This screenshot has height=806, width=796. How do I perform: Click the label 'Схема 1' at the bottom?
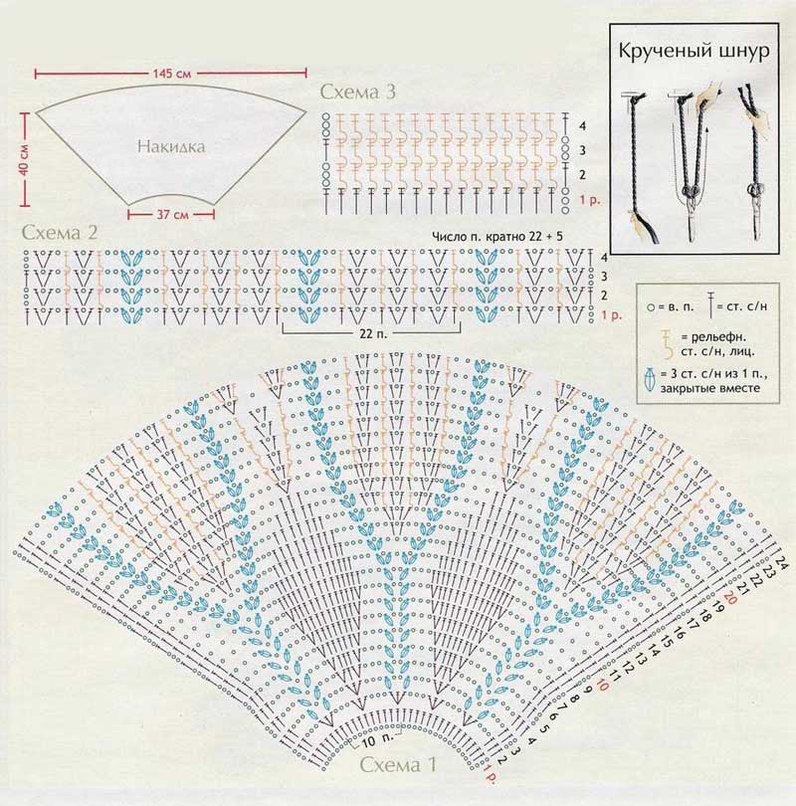[398, 766]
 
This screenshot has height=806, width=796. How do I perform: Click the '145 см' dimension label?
[172, 76]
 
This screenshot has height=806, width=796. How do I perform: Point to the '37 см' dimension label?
[175, 214]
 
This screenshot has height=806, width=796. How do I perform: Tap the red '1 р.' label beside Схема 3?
[588, 201]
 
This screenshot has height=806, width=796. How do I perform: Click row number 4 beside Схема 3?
[581, 126]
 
